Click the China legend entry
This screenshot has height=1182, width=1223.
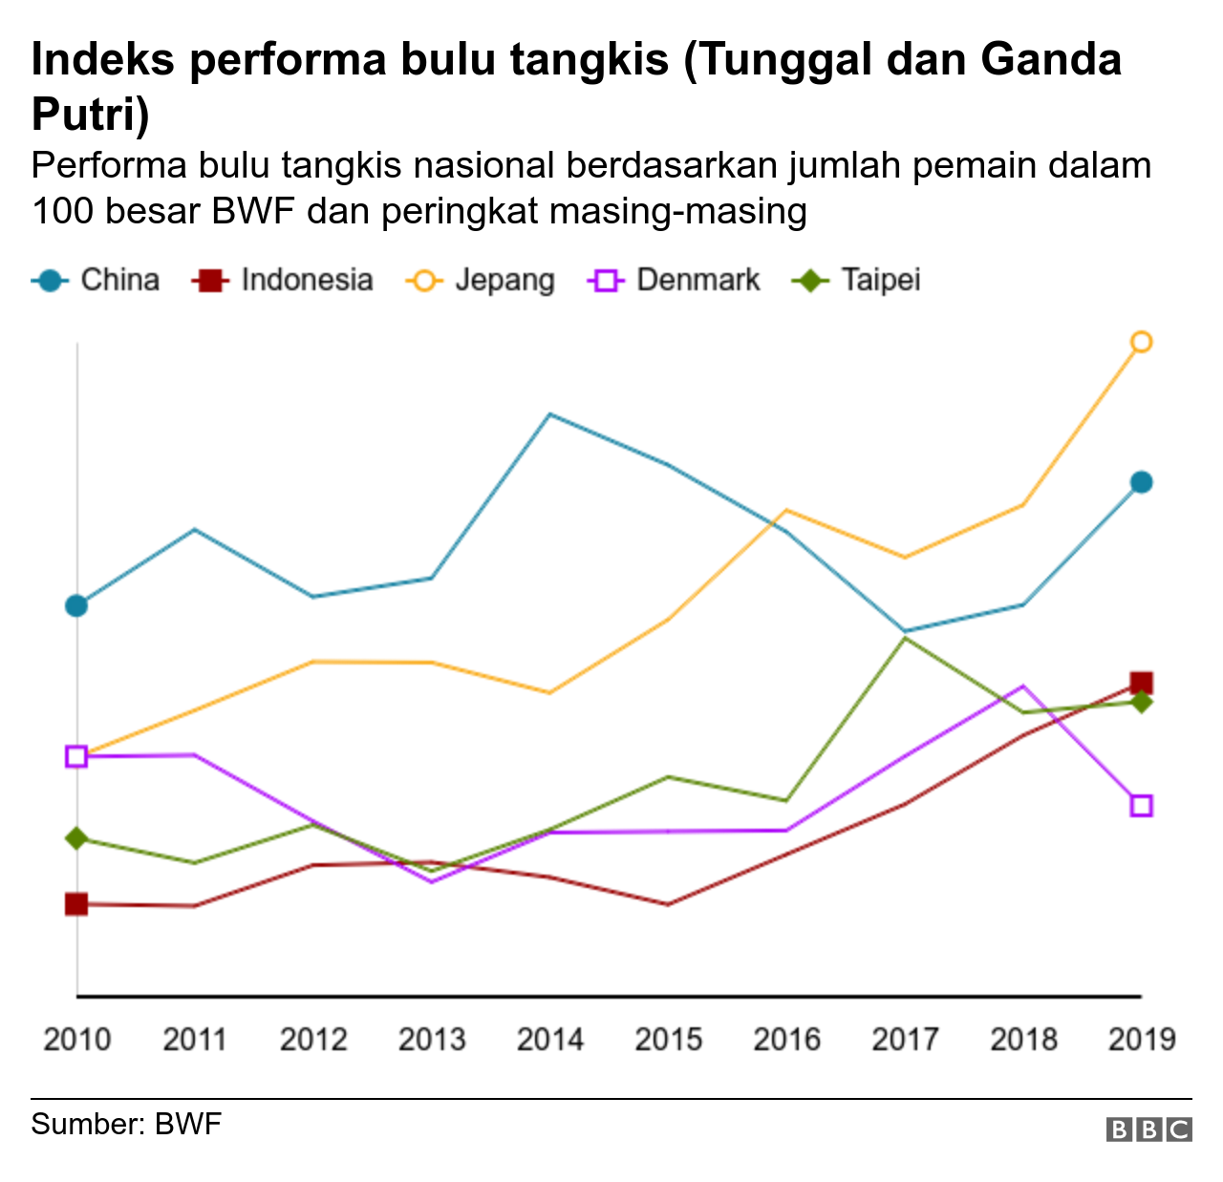click(x=96, y=280)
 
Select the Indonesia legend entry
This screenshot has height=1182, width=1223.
click(x=283, y=280)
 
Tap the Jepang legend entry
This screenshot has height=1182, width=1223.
click(x=482, y=280)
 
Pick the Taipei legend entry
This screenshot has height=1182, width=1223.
click(x=857, y=280)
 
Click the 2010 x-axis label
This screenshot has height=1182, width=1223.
click(x=76, y=1039)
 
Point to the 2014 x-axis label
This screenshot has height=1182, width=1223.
click(x=549, y=1039)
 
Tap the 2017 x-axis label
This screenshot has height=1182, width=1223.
click(x=905, y=1039)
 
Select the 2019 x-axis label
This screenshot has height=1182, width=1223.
click(x=1141, y=1039)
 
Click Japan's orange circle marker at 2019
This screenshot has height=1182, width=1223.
click(x=1141, y=342)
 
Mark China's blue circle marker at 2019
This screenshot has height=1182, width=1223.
click(x=1141, y=482)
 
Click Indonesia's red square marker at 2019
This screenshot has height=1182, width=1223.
click(x=1141, y=683)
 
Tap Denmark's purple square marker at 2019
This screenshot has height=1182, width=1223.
click(x=1141, y=805)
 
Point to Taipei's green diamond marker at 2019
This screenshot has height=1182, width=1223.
click(x=1141, y=703)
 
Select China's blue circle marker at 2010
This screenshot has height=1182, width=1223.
click(x=76, y=605)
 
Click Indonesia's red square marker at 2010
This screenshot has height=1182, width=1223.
click(x=76, y=903)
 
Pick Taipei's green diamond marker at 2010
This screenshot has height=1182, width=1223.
click(x=76, y=838)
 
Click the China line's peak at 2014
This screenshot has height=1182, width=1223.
click(x=549, y=414)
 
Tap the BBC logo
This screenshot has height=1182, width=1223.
click(x=1148, y=1129)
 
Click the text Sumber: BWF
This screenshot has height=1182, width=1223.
click(x=126, y=1124)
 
